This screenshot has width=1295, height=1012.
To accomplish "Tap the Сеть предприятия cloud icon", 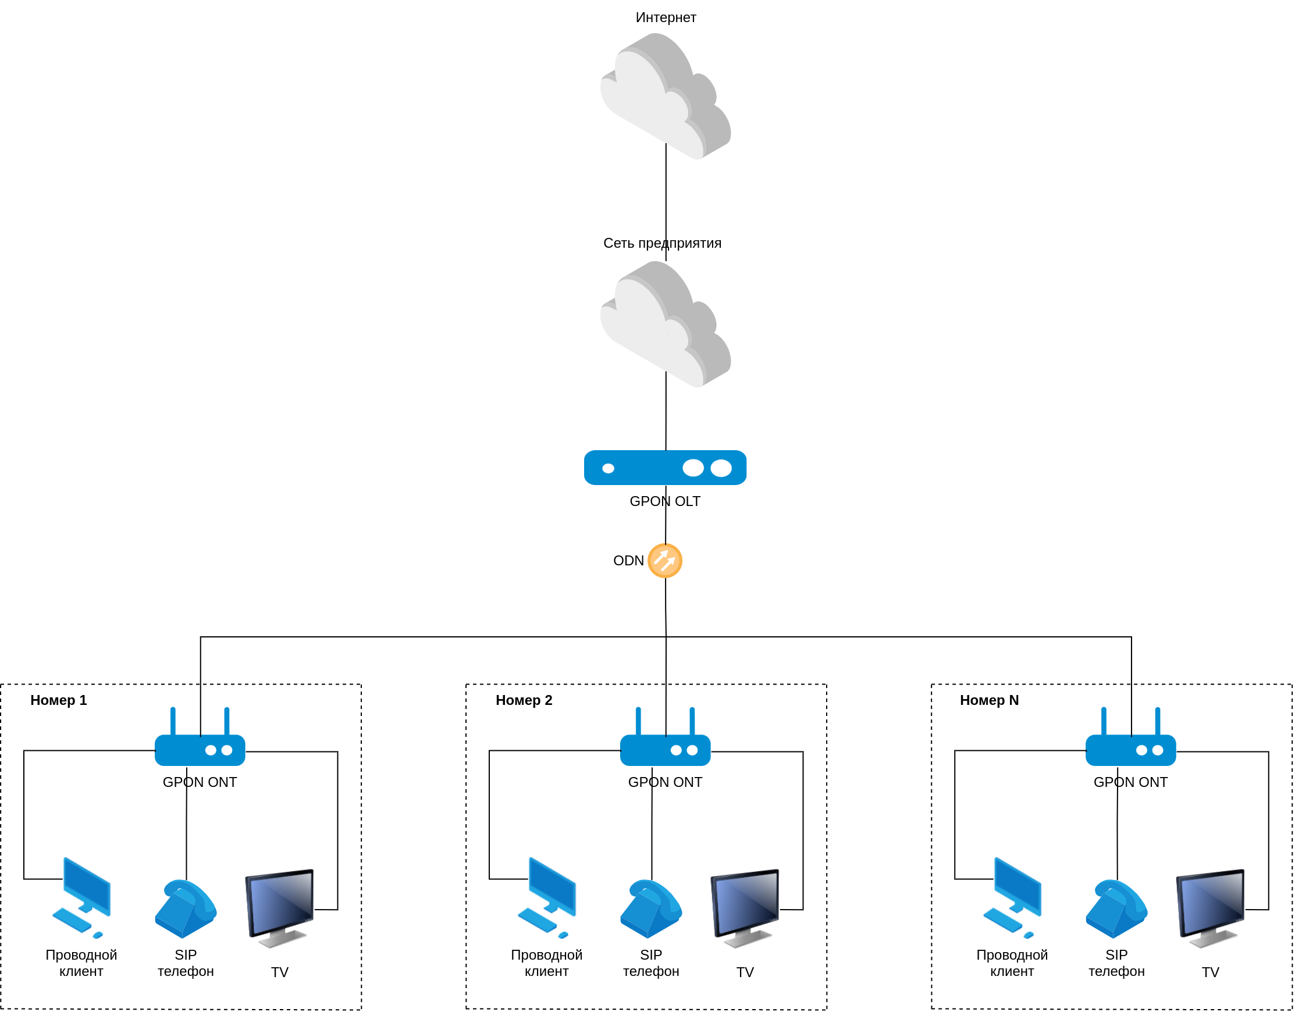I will pos(666,324).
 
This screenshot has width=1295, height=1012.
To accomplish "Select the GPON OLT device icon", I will pos(665,468).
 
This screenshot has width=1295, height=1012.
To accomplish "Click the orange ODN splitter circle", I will pos(665,561).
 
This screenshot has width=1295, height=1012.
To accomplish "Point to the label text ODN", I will pos(628,561).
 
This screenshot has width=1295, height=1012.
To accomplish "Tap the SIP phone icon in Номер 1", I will pos(186,909).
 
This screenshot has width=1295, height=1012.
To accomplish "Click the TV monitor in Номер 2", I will pos(745,907).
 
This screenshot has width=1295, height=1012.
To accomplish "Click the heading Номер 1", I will pos(59,700).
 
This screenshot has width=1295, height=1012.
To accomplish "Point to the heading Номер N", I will pos(989,700).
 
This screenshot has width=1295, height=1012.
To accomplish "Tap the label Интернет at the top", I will pos(666,18).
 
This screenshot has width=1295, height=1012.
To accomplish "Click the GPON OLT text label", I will pos(665,501).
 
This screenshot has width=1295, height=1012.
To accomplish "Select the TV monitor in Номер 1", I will pos(279,907).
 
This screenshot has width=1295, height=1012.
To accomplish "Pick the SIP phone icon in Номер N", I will pos(1116,909).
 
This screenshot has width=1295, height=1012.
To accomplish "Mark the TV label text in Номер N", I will pos(1210,972).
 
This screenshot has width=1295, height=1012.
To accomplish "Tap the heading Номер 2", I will pos(524,700).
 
